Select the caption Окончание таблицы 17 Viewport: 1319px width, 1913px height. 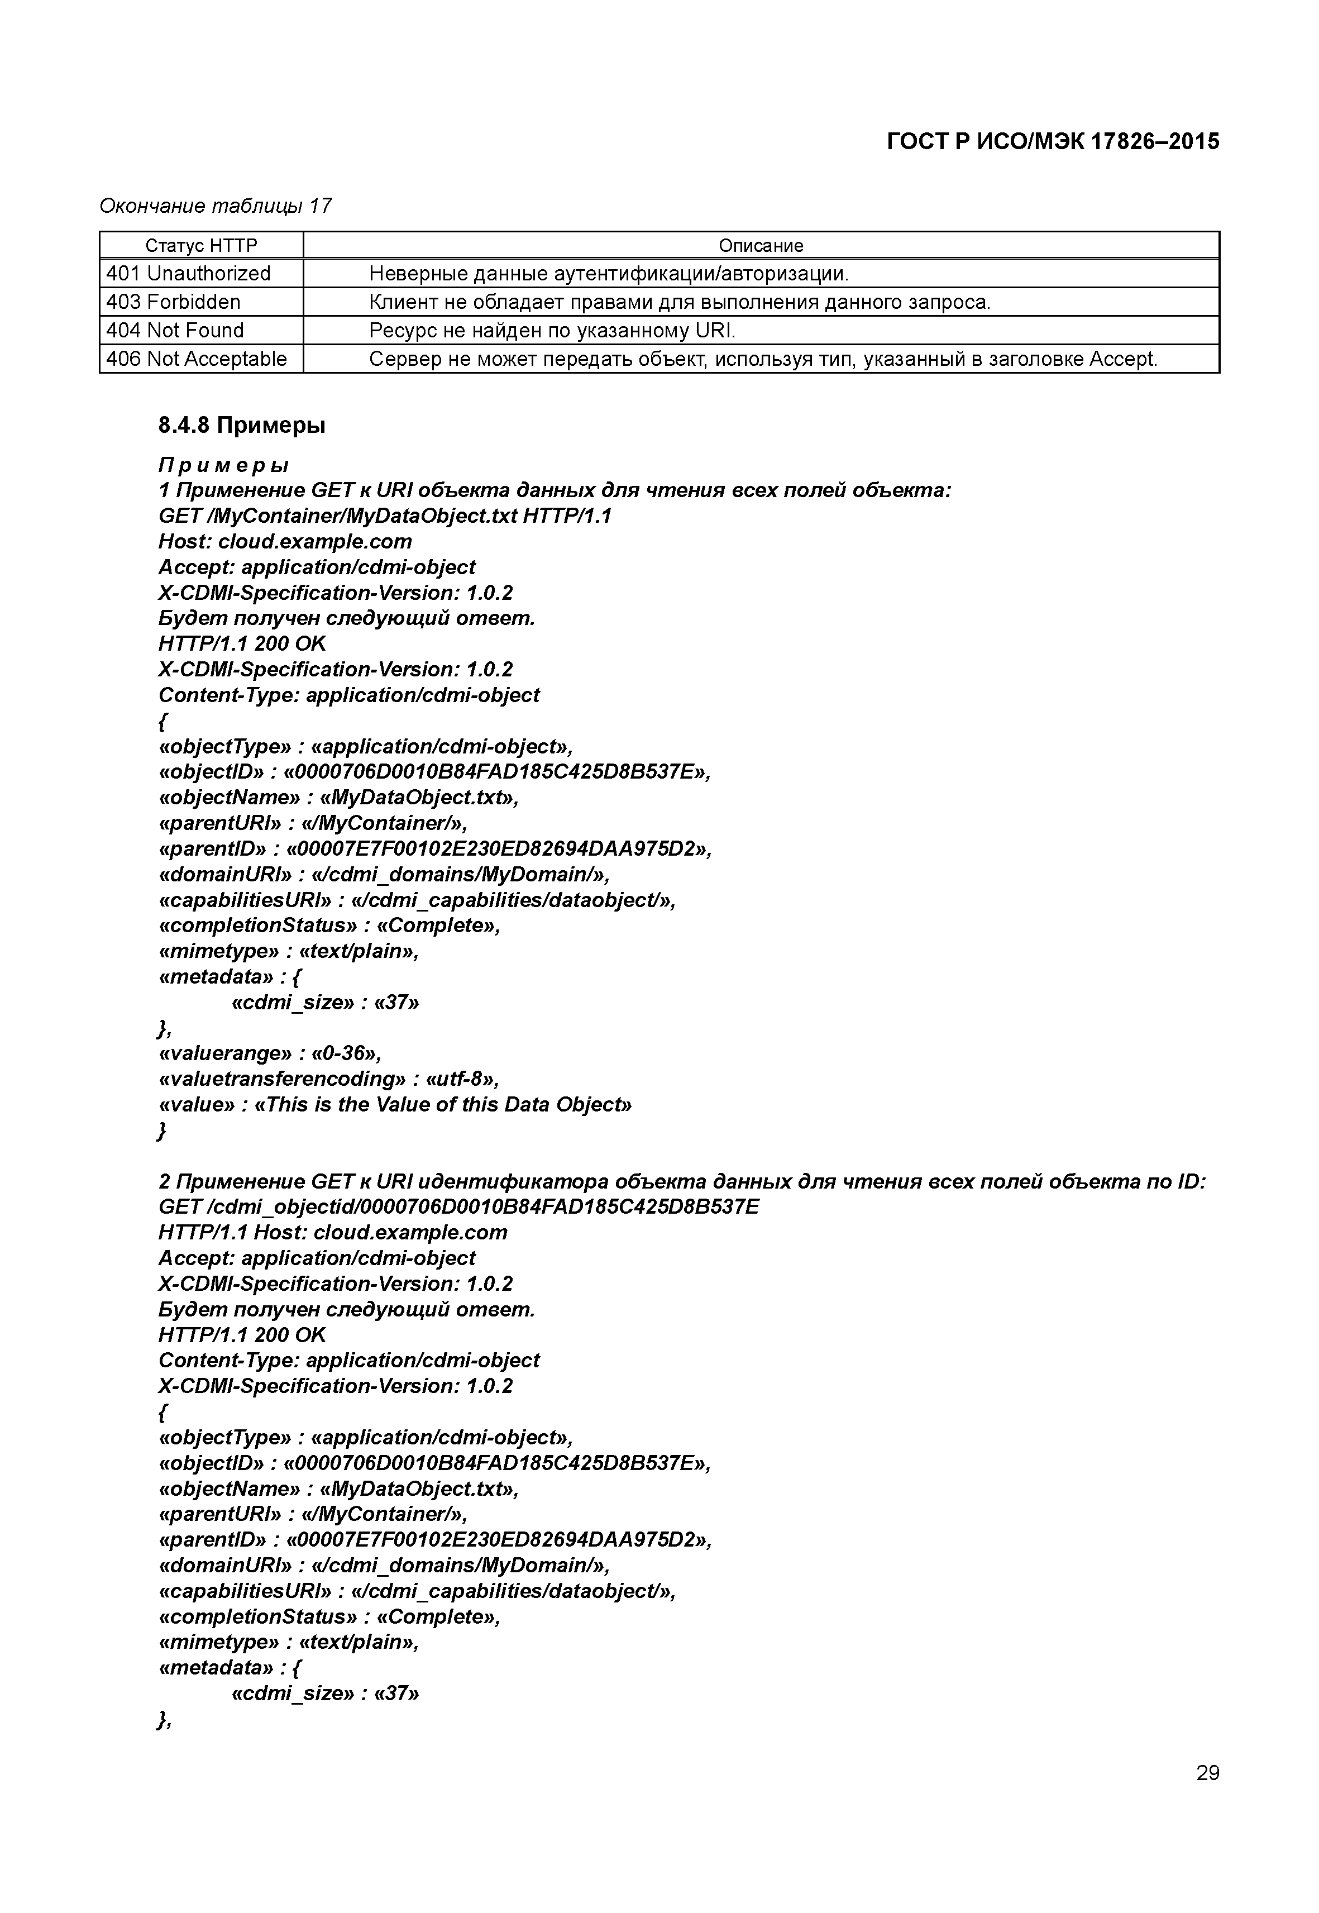click(x=216, y=206)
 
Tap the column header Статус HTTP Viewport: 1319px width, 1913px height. click(x=201, y=246)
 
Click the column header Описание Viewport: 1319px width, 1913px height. click(x=761, y=246)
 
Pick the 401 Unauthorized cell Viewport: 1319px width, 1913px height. click(x=188, y=274)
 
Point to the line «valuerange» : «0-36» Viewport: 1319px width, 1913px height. click(x=269, y=1053)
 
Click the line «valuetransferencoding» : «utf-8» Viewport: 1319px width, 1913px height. click(x=328, y=1079)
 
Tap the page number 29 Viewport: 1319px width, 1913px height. click(x=1207, y=1772)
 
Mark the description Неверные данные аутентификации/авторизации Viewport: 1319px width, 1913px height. click(x=608, y=274)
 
